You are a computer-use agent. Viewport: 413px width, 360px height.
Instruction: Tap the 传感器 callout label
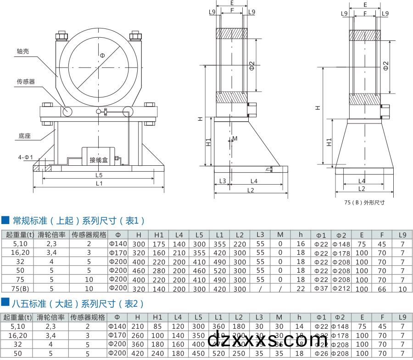point(26,82)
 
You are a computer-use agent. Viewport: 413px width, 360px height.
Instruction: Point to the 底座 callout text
point(25,136)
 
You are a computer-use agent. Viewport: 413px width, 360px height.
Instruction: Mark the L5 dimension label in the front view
point(99,175)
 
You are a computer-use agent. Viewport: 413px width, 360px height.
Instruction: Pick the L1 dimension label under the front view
point(99,184)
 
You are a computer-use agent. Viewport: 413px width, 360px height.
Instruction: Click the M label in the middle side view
point(235,138)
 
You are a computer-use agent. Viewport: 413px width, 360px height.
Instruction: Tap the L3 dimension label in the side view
point(223,181)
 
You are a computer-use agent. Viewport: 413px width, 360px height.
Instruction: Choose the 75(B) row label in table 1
point(20,289)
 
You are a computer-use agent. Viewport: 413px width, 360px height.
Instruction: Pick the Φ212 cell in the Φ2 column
point(341,288)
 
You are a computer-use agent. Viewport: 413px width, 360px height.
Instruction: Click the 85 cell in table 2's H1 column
point(158,326)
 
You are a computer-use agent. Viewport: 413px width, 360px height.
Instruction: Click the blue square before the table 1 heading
point(6,221)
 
